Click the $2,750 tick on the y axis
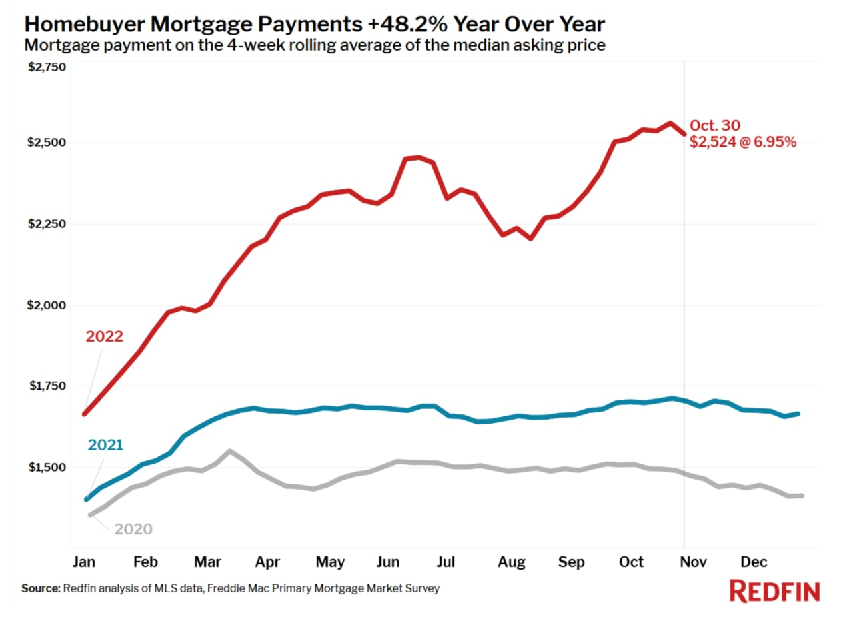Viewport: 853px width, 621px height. [47, 67]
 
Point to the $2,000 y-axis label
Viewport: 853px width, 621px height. [47, 305]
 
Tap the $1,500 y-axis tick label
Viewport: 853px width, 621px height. [47, 468]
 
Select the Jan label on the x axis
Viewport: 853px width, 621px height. [83, 562]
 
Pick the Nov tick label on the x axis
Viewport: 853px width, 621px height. [693, 562]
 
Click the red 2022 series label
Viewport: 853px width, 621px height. [104, 336]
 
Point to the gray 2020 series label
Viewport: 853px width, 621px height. [133, 530]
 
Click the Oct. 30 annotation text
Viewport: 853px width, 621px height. [714, 125]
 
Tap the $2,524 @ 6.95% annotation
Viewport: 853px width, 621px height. [743, 142]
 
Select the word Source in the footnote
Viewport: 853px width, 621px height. [41, 589]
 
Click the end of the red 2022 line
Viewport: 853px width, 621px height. [684, 134]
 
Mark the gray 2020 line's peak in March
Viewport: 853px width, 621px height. [229, 451]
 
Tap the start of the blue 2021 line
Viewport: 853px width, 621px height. [87, 499]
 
